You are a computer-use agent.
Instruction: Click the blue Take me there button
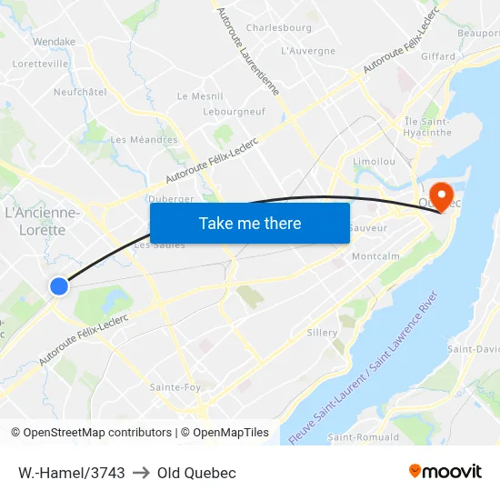(250, 223)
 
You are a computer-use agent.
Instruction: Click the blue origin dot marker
(59, 286)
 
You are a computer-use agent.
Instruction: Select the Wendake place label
(54, 42)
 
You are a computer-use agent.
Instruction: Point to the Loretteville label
(41, 65)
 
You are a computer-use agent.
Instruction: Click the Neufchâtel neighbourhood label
(80, 92)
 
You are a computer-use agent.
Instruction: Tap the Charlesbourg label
(278, 28)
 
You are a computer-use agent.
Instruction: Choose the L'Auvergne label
(308, 51)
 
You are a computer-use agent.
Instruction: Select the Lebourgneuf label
(234, 111)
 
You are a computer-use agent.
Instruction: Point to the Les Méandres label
(144, 140)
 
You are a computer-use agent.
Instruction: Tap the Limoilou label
(373, 160)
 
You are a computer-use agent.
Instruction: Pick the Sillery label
(323, 333)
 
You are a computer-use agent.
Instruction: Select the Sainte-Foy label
(175, 387)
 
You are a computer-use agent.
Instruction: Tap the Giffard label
(438, 56)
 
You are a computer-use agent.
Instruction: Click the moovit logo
(445, 472)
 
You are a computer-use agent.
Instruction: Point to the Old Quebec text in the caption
(196, 473)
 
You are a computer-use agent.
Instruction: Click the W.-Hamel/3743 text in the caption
(71, 473)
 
